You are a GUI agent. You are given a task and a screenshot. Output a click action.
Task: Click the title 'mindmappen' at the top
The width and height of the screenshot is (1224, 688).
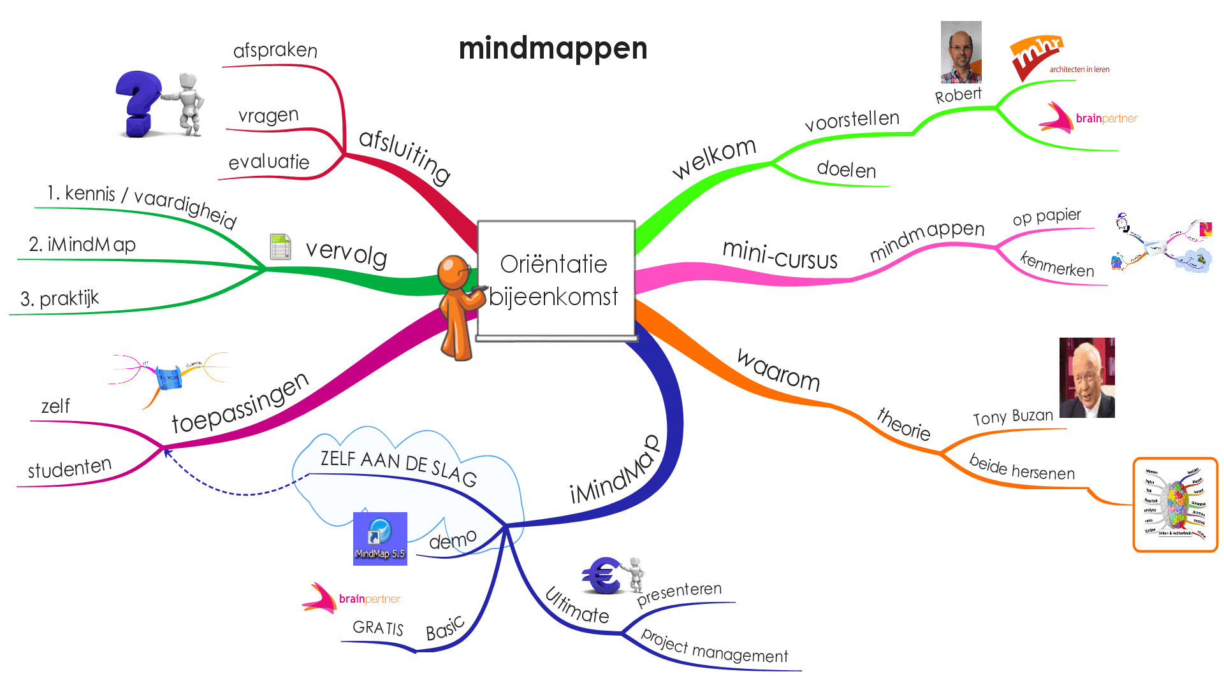[x=553, y=48]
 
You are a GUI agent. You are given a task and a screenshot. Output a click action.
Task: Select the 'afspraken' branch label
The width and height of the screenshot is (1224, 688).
[x=275, y=50]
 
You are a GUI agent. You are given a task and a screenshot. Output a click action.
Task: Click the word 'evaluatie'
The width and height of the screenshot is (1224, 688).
[x=268, y=162]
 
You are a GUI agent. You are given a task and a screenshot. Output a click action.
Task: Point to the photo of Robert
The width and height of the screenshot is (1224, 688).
[x=961, y=52]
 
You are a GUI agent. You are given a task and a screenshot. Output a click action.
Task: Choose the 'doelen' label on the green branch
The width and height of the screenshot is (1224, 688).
[x=846, y=169]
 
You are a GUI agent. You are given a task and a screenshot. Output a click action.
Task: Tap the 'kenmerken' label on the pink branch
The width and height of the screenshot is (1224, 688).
[x=1057, y=264]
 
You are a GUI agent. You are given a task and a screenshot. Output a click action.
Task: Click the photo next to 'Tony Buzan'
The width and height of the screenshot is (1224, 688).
[x=1087, y=378]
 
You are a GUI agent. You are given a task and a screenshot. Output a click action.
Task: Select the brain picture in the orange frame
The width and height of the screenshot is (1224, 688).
[x=1175, y=505]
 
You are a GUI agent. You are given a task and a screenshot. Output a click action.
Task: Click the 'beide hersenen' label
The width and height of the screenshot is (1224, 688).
[x=1021, y=468]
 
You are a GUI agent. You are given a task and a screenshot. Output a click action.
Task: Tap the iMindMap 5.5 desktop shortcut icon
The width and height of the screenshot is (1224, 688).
[x=380, y=538]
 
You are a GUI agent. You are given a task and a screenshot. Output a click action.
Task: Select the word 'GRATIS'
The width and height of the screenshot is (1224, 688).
[x=378, y=628]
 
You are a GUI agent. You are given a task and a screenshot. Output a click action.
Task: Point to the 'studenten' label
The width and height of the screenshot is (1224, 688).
[x=69, y=468]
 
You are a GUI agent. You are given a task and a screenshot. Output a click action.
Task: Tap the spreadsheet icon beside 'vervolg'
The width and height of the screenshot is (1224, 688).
[x=280, y=247]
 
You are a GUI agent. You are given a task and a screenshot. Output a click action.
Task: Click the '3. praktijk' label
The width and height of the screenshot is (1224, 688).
[x=60, y=298]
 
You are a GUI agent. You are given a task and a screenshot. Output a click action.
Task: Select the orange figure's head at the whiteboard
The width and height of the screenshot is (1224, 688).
[x=453, y=271]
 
